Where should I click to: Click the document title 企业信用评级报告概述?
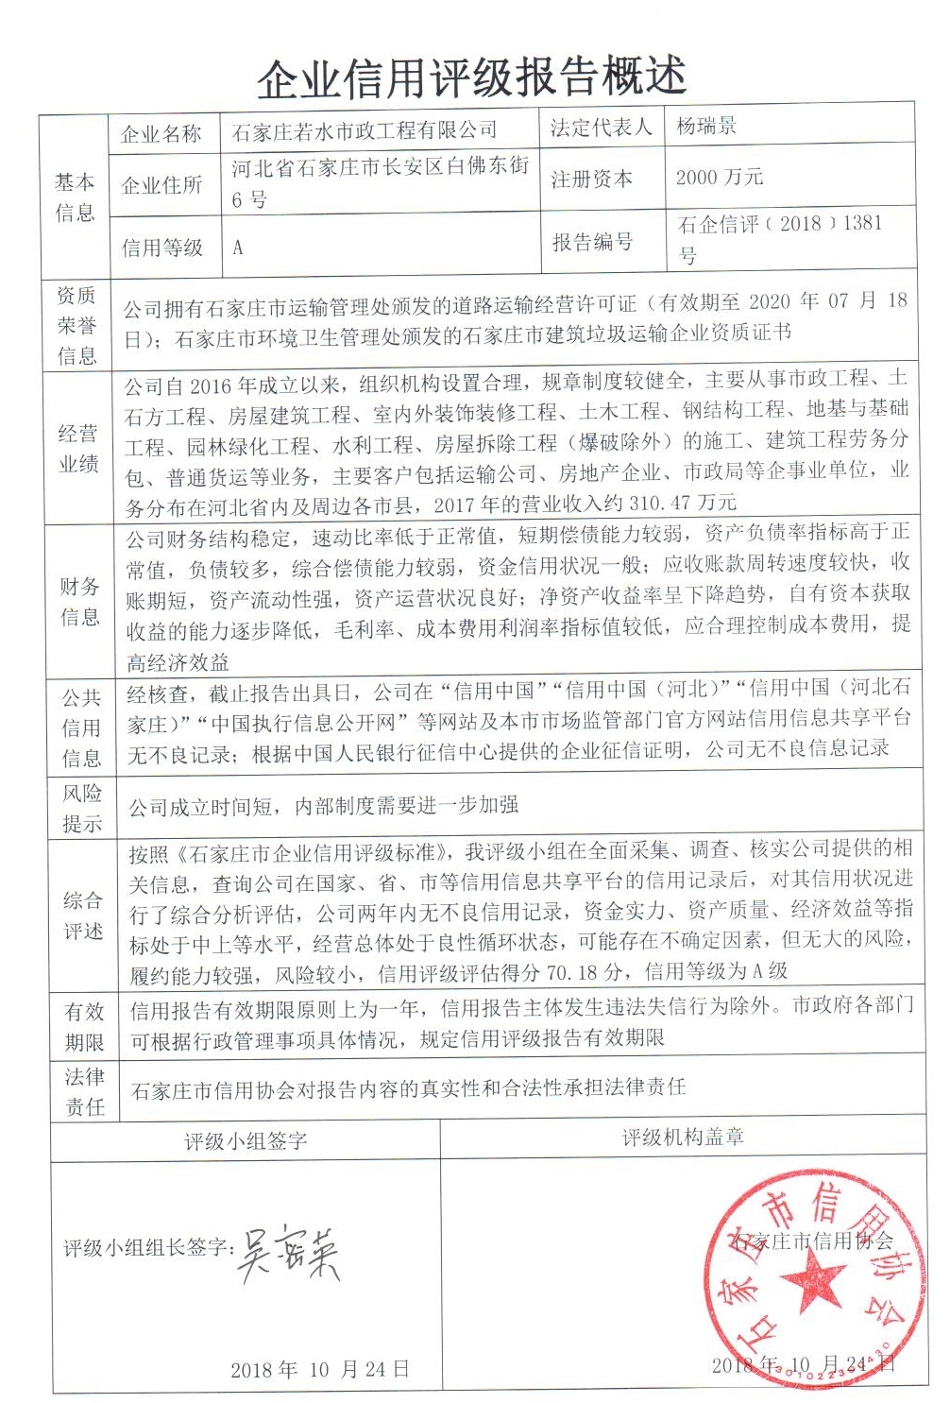pos(471,77)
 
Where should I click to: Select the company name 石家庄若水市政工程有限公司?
pos(365,130)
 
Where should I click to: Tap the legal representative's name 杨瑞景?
pos(706,126)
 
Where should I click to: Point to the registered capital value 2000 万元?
pos(720,178)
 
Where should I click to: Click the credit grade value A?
pos(238,248)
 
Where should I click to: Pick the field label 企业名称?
pos(161,133)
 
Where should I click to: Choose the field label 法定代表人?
pos(601,128)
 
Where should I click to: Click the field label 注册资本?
pos(592,179)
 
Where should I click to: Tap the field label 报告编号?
pos(592,242)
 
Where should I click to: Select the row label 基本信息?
pos(75,197)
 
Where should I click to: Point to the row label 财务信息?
pos(80,602)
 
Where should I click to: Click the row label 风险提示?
pos(82,808)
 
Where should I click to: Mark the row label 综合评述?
pos(83,915)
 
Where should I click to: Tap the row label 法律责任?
pos(85,1091)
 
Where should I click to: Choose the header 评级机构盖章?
pos(683,1138)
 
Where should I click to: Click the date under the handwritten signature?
pos(320,1369)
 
